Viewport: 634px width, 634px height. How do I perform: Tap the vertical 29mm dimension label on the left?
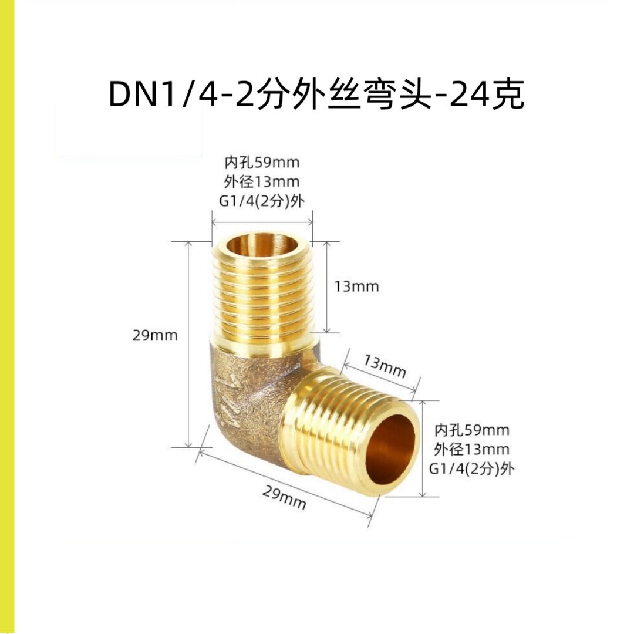(155, 336)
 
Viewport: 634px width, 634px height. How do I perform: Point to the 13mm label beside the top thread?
(357, 286)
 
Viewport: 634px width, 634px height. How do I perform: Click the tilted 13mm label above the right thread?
(385, 367)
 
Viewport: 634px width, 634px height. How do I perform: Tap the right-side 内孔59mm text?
(472, 430)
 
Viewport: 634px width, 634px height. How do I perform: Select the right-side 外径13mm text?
(472, 450)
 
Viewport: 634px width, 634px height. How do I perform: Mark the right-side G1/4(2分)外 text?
(472, 469)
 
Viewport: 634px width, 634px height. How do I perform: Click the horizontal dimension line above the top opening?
(261, 222)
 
